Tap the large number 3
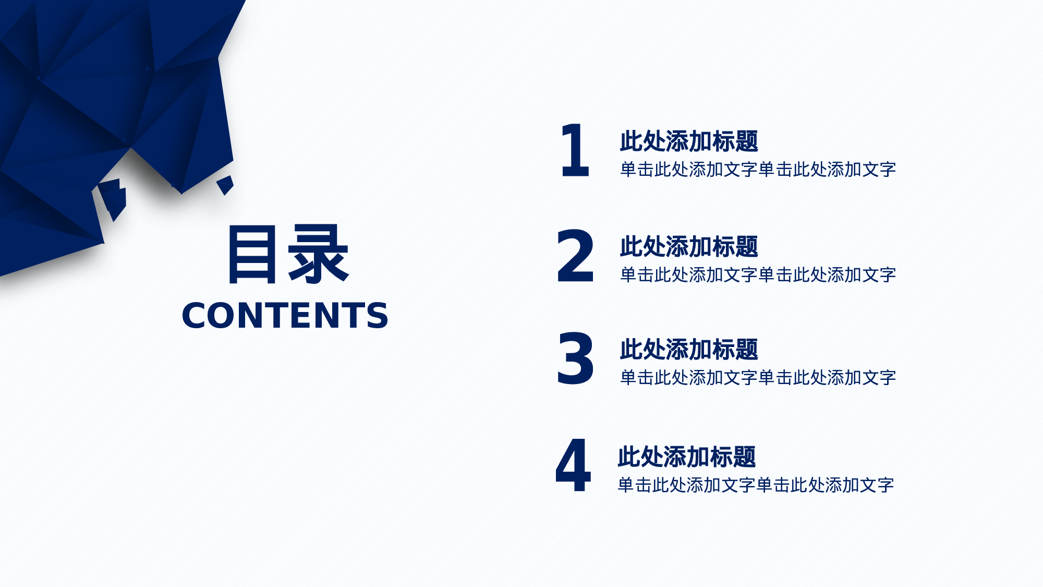[x=575, y=359]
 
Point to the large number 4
[x=573, y=465]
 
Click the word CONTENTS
[x=285, y=316]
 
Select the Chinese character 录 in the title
[x=318, y=255]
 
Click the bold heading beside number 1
[x=688, y=141]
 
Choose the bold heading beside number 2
[x=688, y=247]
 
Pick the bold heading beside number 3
[x=688, y=350]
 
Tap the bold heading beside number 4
[x=686, y=457]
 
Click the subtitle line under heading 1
[x=757, y=170]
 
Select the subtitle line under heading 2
[x=757, y=275]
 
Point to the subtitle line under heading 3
[x=757, y=378]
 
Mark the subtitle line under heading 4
[x=755, y=485]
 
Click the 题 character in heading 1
[x=746, y=141]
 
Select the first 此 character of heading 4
[x=629, y=457]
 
